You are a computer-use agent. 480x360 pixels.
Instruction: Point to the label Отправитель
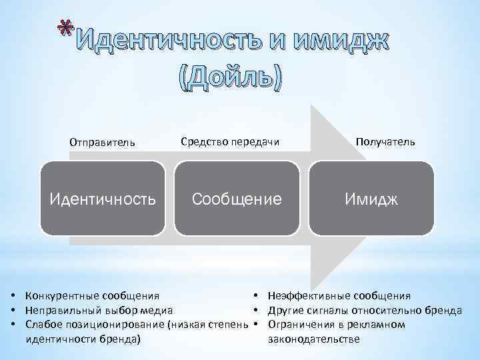tap(103, 142)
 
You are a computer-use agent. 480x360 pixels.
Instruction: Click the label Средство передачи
tap(230, 141)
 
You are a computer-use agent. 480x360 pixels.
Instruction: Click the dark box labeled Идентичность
tap(103, 199)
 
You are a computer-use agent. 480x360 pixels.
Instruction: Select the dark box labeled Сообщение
tap(237, 199)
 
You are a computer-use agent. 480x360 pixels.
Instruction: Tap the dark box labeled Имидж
tap(371, 199)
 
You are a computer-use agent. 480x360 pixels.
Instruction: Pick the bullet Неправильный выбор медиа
tap(99, 310)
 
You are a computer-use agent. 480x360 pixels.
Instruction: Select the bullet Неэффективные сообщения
tap(339, 295)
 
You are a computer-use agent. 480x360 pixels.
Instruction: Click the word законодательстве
tap(313, 339)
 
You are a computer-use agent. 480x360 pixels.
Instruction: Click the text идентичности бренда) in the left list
tap(83, 339)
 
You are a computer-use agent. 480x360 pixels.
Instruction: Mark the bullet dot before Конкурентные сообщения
tap(13, 295)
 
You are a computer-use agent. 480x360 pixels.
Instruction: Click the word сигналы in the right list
tap(332, 310)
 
